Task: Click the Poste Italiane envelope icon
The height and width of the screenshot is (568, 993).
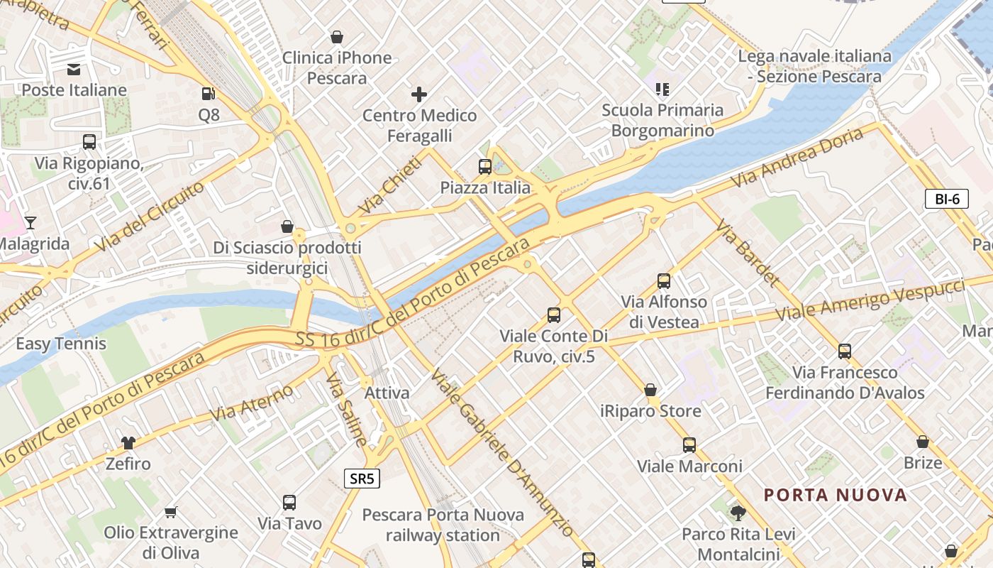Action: pyautogui.click(x=74, y=69)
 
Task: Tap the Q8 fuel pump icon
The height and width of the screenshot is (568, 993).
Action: pyautogui.click(x=209, y=93)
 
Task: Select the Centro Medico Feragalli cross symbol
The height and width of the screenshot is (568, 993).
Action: pyautogui.click(x=419, y=94)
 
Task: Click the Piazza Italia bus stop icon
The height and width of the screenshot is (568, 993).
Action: pyautogui.click(x=485, y=167)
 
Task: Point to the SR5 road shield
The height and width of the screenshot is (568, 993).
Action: pyautogui.click(x=362, y=479)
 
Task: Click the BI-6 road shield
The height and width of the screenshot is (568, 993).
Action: pyautogui.click(x=947, y=199)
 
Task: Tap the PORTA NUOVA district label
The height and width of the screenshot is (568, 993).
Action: pyautogui.click(x=836, y=495)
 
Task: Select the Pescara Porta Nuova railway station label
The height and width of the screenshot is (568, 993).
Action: pyautogui.click(x=443, y=525)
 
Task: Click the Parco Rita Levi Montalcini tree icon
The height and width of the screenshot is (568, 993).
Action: pyautogui.click(x=738, y=513)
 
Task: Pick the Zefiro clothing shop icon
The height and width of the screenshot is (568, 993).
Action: pyautogui.click(x=128, y=443)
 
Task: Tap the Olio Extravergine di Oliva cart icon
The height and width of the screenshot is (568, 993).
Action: pyautogui.click(x=170, y=512)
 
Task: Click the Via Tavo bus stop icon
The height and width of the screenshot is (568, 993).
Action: pyautogui.click(x=289, y=503)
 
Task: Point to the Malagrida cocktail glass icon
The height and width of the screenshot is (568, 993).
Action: pyautogui.click(x=30, y=223)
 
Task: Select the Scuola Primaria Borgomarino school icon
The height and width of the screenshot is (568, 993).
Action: pyautogui.click(x=662, y=89)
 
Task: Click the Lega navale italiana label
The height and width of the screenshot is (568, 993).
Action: pyautogui.click(x=814, y=66)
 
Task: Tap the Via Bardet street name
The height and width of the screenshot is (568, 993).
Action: pyautogui.click(x=748, y=253)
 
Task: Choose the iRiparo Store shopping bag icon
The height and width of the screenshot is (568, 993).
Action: pyautogui.click(x=650, y=390)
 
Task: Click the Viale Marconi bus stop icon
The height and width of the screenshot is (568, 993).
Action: pyautogui.click(x=689, y=445)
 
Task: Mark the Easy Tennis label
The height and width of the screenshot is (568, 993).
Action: pyautogui.click(x=61, y=344)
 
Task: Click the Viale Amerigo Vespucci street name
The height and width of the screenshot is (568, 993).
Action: pyautogui.click(x=870, y=300)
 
